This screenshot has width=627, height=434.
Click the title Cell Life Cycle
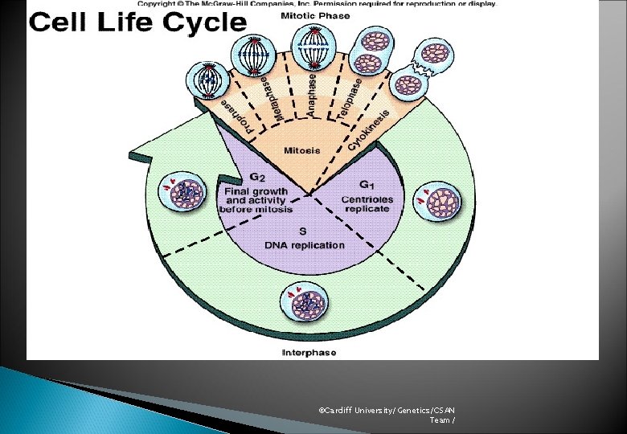(x=137, y=22)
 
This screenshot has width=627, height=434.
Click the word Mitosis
(x=302, y=150)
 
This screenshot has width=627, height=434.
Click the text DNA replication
(x=305, y=245)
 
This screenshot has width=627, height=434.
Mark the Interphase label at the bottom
(x=309, y=352)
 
